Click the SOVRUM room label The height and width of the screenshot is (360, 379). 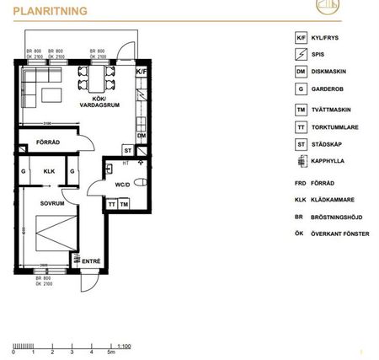click(x=51, y=203)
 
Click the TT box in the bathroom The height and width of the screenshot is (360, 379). click(x=111, y=204)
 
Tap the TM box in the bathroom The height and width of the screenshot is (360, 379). click(x=123, y=204)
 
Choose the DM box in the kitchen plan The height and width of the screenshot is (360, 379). click(x=141, y=135)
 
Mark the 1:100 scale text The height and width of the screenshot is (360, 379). click(x=124, y=345)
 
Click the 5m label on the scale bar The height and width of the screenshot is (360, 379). click(x=110, y=352)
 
